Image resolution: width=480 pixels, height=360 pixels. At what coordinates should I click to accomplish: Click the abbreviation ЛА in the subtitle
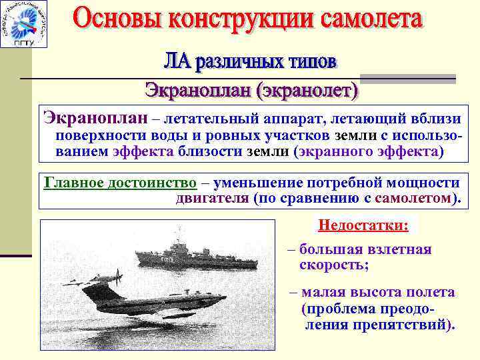tap(178, 62)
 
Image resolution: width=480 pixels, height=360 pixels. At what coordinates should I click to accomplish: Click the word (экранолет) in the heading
tap(307, 90)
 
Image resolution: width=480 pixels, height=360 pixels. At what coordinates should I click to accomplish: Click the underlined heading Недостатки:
tap(363, 225)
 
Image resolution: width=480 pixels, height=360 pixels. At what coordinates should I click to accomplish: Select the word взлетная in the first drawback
tap(400, 249)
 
